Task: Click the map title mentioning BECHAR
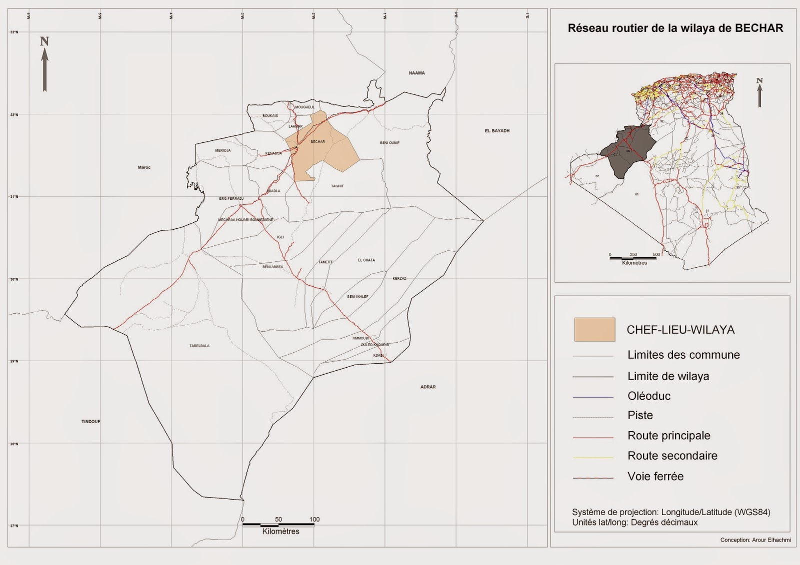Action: [675, 28]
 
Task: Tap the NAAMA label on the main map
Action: [416, 73]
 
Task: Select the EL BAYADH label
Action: [497, 131]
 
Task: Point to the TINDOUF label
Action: [91, 422]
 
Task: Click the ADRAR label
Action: [428, 387]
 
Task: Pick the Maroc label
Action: [144, 167]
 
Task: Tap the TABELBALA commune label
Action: [199, 346]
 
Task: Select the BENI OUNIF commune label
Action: [389, 143]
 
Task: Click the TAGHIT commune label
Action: [337, 186]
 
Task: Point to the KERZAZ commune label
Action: [399, 278]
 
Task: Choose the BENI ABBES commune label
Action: [272, 267]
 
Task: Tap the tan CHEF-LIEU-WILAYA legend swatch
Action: [594, 330]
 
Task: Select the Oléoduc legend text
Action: [649, 396]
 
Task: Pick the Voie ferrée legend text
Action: [655, 477]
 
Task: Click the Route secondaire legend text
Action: [672, 456]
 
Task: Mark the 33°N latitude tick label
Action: [14, 32]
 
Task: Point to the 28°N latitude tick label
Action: [14, 444]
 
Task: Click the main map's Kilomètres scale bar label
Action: [280, 532]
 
